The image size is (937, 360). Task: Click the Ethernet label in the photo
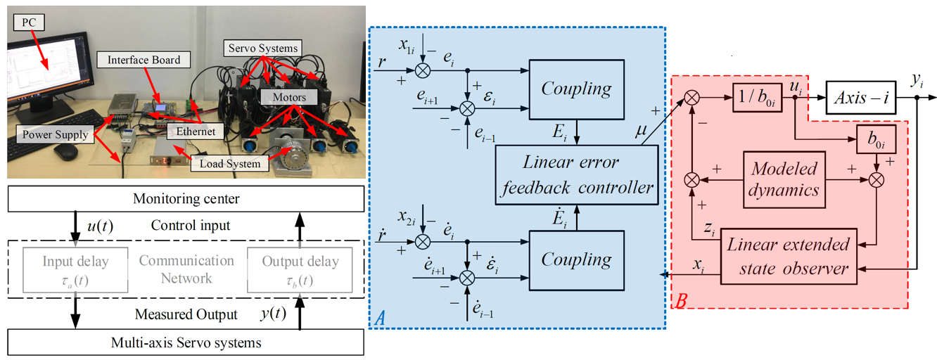[x=196, y=131]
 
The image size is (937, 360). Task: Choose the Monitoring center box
[x=186, y=199]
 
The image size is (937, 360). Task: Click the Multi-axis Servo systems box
[x=186, y=343]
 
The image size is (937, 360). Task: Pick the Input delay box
[x=67, y=271]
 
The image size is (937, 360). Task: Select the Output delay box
[x=300, y=271]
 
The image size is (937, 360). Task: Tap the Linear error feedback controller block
[x=577, y=175]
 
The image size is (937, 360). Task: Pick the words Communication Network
[x=186, y=270]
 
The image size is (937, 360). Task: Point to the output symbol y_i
[x=916, y=83]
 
